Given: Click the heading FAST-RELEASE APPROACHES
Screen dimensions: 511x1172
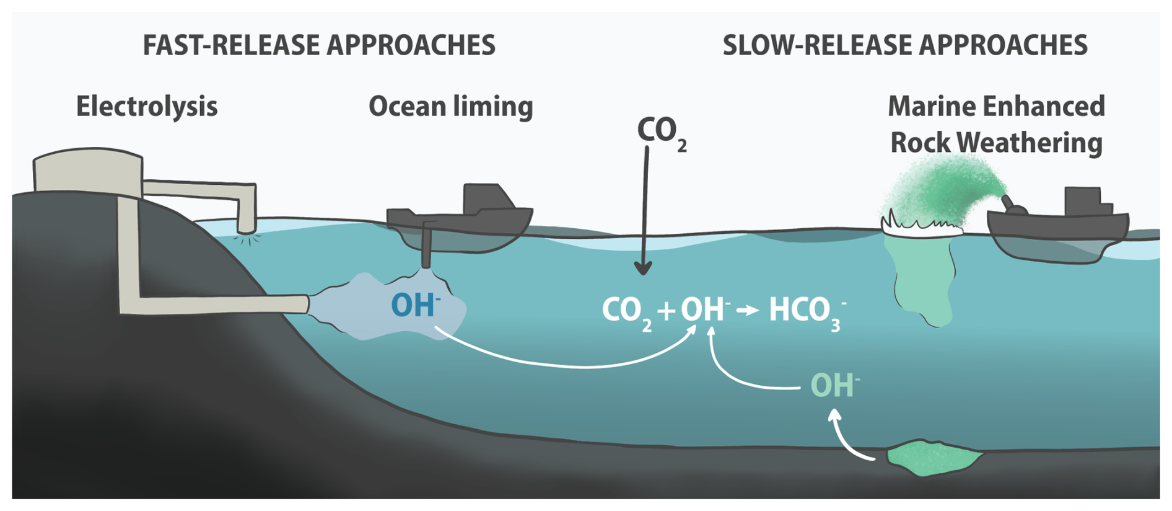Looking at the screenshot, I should [x=319, y=45].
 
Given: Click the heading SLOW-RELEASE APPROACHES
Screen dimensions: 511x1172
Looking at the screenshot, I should [x=905, y=45].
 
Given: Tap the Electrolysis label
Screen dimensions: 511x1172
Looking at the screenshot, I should [x=147, y=106].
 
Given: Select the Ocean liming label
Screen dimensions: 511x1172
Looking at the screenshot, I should [x=450, y=106].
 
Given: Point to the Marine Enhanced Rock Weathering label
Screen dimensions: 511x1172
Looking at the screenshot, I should [x=996, y=124].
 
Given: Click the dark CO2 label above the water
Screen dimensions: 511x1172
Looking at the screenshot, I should [x=660, y=132].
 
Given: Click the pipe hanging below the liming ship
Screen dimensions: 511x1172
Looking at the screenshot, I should [x=427, y=245].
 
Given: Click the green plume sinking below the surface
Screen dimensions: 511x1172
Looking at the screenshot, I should [x=923, y=279].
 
